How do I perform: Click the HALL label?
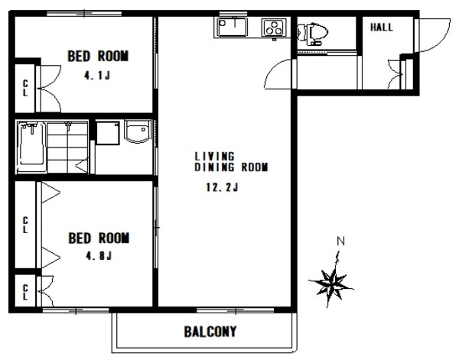tap(382, 28)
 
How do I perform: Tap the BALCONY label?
tap(210, 332)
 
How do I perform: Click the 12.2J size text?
tap(222, 187)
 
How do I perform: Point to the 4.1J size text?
tap(97, 76)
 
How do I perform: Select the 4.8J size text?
tap(99, 256)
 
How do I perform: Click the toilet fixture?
tap(312, 34)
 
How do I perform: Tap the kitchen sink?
tap(232, 28)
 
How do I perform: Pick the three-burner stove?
tap(274, 28)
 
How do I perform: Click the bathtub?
tap(31, 147)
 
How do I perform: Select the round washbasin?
tap(137, 131)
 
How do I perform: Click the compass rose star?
tap(331, 283)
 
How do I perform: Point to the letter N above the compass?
tap(340, 242)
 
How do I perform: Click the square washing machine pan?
tap(108, 133)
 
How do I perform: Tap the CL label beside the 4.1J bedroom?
tap(25, 88)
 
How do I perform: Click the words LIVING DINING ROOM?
tap(231, 162)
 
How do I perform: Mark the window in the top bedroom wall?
tap(84, 14)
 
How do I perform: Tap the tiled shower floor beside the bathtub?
tap(67, 148)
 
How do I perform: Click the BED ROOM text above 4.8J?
tap(99, 238)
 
